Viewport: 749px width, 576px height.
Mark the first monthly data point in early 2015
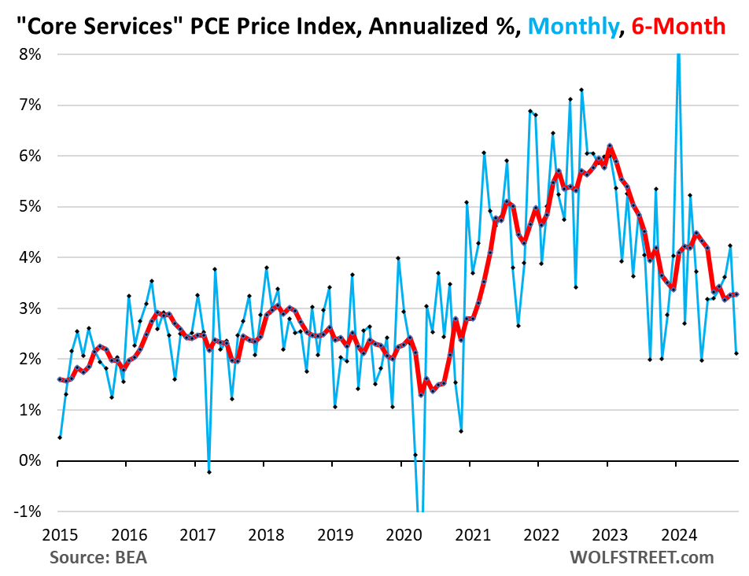pyautogui.click(x=60, y=437)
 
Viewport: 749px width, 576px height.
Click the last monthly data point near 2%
pyautogui.click(x=736, y=353)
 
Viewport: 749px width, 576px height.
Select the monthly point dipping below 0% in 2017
pyautogui.click(x=208, y=471)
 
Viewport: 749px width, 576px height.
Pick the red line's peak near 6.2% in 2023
pyautogui.click(x=610, y=146)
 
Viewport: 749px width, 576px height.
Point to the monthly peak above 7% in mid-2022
pyautogui.click(x=581, y=90)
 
